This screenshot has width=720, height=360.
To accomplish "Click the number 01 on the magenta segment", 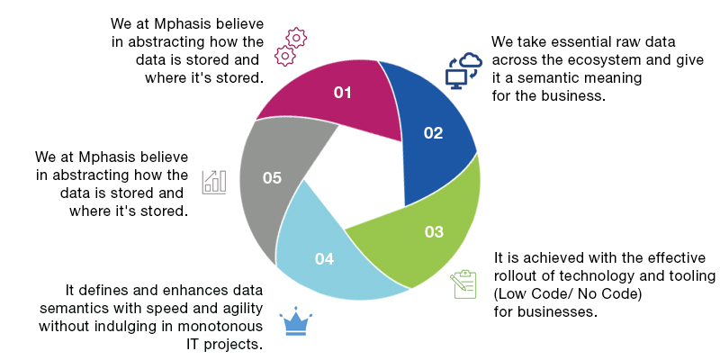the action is pos(343,93).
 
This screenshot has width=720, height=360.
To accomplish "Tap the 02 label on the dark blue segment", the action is pos(433,133).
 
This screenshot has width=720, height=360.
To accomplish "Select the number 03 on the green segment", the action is pos(434,232).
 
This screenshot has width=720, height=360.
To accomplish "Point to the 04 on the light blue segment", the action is pos(324,259).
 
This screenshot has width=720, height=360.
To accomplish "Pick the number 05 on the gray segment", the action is pos(272,177).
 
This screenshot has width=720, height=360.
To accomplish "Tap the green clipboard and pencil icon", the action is pos(463,284).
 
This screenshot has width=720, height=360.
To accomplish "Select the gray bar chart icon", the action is pos(214,183).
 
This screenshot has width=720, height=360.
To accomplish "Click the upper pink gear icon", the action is pos(296,38).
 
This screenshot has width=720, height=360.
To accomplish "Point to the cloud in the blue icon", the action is pos(471,60).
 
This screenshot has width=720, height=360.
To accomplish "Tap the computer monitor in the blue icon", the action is pos(456,78).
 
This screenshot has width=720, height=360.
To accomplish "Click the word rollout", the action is pos(518,276).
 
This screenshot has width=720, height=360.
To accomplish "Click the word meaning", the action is pos(613,78).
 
